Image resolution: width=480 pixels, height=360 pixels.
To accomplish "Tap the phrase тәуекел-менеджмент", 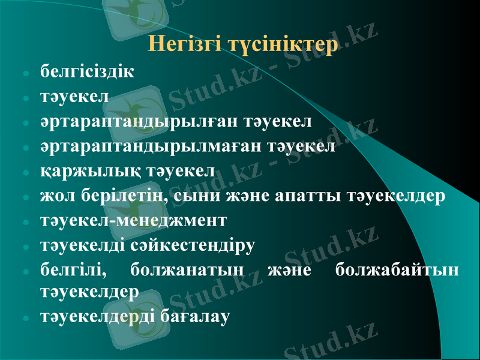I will pyautogui.click(x=133, y=220).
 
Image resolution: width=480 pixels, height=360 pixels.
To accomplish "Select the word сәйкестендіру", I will pyautogui.click(x=201, y=245).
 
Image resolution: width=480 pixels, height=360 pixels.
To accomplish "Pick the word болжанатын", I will pyautogui.click(x=187, y=271).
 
